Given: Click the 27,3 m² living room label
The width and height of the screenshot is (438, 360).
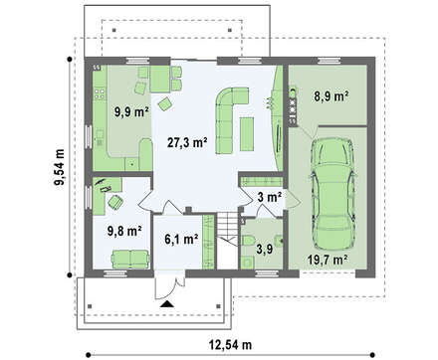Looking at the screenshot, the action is [187, 143].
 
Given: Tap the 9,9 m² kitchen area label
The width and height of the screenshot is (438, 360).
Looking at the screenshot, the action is [131, 112].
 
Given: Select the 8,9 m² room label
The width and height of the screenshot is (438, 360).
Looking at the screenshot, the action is [330, 96].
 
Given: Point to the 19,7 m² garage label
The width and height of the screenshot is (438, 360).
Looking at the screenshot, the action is [328, 259].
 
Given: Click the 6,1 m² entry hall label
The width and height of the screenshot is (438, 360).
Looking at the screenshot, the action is [181, 239].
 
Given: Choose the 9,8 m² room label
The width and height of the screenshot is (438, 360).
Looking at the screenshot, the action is [124, 231].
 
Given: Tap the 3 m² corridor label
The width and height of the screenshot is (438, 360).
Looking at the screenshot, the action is [270, 197].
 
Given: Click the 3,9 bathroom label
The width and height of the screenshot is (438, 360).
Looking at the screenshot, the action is [265, 249].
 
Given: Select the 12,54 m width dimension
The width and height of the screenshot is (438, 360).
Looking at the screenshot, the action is [230, 345].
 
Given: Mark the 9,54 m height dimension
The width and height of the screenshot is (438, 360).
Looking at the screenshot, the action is [61, 169].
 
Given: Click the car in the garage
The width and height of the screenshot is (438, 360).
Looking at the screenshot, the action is [332, 193].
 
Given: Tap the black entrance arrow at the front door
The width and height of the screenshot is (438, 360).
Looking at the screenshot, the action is [166, 304].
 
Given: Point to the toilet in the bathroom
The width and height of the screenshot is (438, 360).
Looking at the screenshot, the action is [248, 241].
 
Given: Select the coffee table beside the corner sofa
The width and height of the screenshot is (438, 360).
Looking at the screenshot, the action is [247, 133].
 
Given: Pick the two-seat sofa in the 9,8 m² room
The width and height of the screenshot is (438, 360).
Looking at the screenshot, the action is [130, 259].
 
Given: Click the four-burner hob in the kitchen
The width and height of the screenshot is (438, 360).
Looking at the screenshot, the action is [100, 93].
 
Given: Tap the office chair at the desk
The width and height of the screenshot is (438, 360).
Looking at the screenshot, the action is [115, 202].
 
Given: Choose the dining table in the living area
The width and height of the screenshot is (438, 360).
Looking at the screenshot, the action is [160, 79].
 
